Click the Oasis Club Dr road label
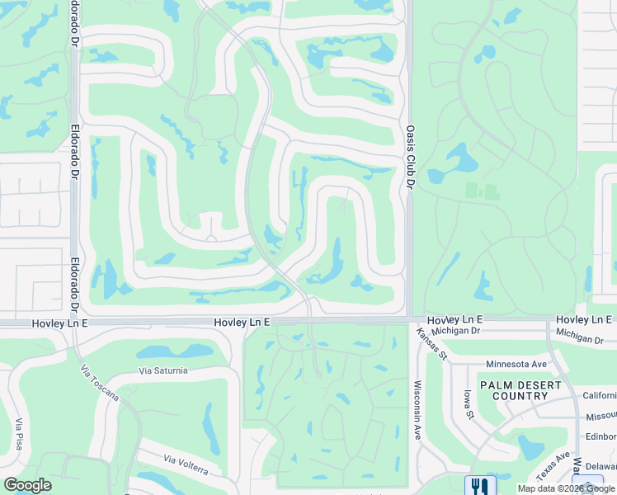pos(410,156)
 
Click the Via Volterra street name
pos(186,464)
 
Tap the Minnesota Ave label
pos(516,364)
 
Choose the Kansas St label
pos(431,344)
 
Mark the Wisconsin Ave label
pos(418,409)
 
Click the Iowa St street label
pos(468,404)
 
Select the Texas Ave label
pos(553,466)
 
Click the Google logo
pos(27,485)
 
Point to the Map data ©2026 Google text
pos(567,489)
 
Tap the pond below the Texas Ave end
pos(531,446)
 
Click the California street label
pos(599,395)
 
